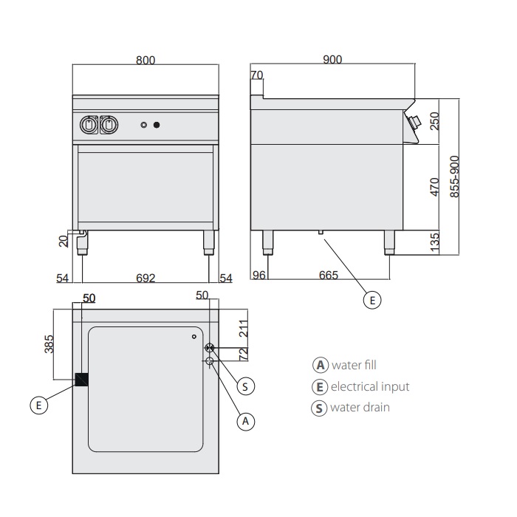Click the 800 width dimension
click(145, 61)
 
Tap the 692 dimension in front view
click(145, 278)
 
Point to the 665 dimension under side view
click(328, 275)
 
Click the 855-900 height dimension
click(455, 176)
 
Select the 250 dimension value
click(434, 120)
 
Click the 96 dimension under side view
click(258, 275)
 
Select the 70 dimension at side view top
click(257, 75)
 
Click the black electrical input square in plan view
click(81, 380)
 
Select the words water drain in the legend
click(360, 407)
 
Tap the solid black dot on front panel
click(157, 125)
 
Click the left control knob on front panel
click(89, 125)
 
